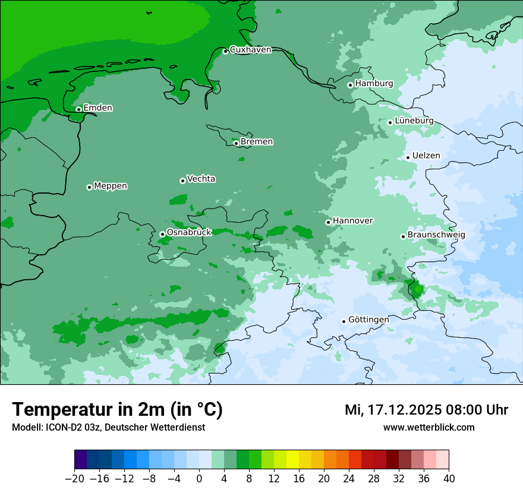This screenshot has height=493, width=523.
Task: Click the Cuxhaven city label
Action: pos(250,50)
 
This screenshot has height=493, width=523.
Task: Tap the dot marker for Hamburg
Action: pos(350,85)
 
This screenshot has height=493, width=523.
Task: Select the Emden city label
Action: pos(97,108)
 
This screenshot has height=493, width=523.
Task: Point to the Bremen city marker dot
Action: pos(236,143)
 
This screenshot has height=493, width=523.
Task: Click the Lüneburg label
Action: pos(414,121)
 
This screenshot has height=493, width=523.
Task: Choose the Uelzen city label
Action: pos(426,156)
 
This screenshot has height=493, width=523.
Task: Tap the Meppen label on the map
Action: pos(111,186)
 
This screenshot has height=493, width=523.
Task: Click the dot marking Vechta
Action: pos(182,181)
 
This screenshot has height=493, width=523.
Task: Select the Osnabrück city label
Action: pos(189,233)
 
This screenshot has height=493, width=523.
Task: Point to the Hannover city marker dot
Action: pos(328,222)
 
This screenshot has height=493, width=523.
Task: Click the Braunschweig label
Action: pos(436,235)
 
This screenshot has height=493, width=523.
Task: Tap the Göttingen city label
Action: pos(368,320)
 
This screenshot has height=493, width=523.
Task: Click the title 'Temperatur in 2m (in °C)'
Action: pos(117,410)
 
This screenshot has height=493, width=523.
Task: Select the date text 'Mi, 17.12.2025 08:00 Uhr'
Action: pos(426,410)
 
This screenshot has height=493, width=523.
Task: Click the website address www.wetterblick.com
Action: pos(429,427)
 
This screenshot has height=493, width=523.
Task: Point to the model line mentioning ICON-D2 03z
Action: pos(108,428)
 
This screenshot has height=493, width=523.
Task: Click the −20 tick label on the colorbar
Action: pos(75,479)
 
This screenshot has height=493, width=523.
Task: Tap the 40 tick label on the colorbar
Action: pos(449,479)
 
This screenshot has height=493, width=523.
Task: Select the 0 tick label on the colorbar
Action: pos(199,479)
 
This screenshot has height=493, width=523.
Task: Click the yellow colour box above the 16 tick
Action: pos(292,460)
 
